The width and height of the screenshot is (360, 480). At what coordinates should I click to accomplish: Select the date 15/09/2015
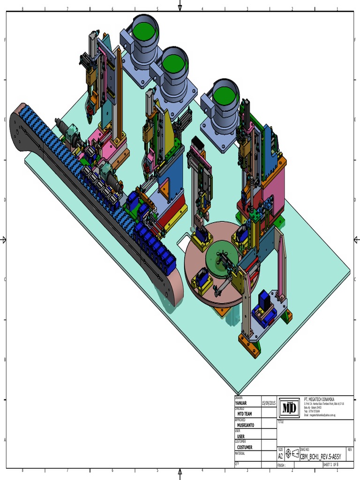(269, 403)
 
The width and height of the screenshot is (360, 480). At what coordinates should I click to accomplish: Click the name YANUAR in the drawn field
(241, 403)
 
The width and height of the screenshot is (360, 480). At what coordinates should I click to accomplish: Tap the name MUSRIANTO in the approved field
(247, 425)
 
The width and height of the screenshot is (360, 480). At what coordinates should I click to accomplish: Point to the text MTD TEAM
(245, 414)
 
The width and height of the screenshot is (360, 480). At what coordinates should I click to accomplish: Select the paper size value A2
(281, 455)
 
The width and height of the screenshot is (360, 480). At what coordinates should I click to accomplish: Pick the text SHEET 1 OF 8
(330, 465)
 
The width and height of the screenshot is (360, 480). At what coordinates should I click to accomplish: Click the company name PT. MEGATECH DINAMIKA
(319, 398)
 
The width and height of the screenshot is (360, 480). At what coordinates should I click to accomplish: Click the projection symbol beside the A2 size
(292, 454)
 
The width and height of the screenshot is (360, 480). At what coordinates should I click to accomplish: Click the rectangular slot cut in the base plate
(184, 241)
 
